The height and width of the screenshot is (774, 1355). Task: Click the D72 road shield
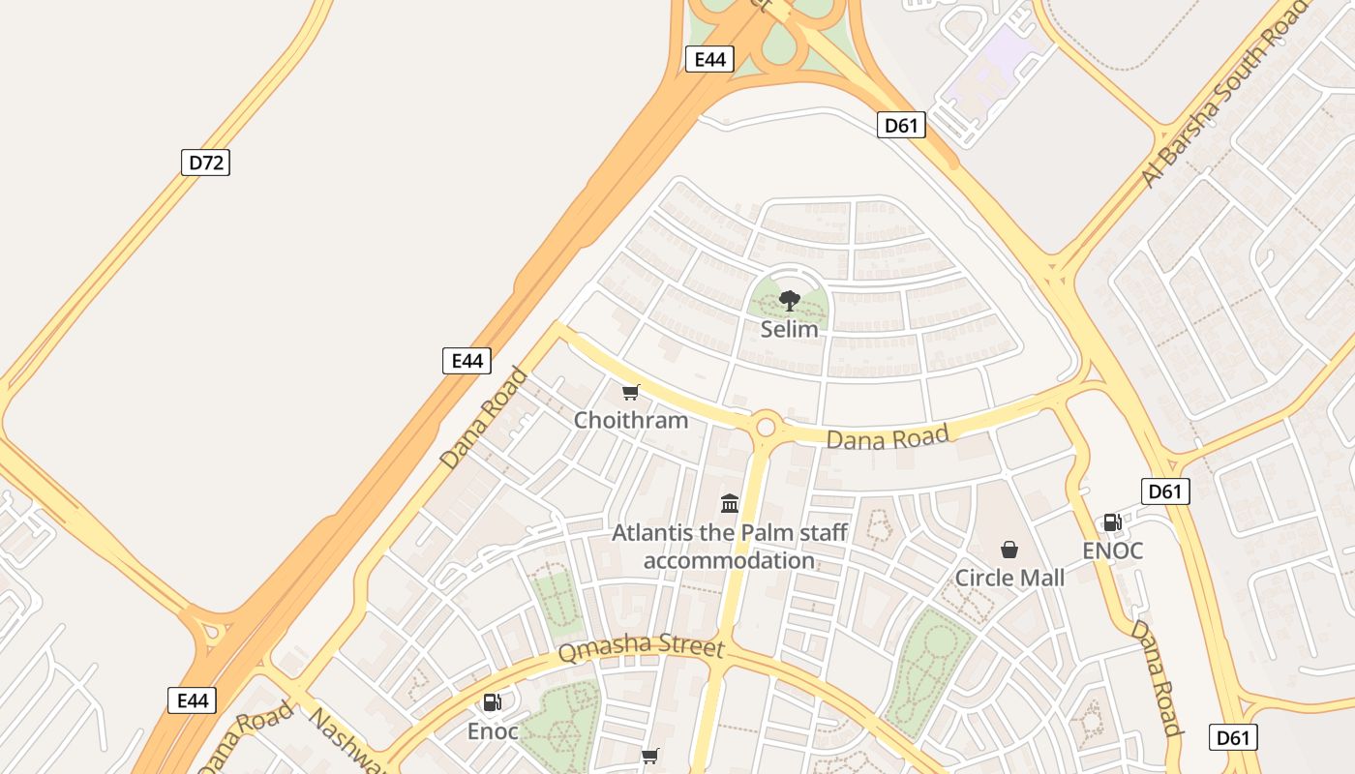click(205, 162)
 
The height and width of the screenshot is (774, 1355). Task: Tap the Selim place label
click(789, 329)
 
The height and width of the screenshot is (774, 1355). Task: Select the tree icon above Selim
click(790, 300)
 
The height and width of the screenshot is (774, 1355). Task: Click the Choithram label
click(631, 420)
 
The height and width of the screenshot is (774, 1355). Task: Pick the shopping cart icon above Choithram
click(631, 392)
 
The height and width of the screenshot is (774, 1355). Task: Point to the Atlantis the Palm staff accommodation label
click(730, 547)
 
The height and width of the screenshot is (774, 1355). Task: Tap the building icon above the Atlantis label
click(730, 503)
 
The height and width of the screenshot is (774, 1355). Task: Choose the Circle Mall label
click(1009, 578)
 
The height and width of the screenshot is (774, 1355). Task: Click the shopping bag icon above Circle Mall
click(1009, 550)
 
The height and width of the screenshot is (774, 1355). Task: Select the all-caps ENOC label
click(1113, 551)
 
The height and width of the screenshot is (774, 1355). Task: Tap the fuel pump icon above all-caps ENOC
click(1113, 522)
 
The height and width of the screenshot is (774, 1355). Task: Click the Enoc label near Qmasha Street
click(493, 730)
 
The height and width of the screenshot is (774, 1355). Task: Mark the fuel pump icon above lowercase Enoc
click(493, 702)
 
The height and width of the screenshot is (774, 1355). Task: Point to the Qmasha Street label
click(640, 648)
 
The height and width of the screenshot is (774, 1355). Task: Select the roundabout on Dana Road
click(767, 426)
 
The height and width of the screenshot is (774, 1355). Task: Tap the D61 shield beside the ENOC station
click(1165, 491)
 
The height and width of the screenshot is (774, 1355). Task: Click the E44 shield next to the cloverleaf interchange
click(709, 59)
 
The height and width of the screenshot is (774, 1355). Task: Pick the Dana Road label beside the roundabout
click(887, 438)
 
